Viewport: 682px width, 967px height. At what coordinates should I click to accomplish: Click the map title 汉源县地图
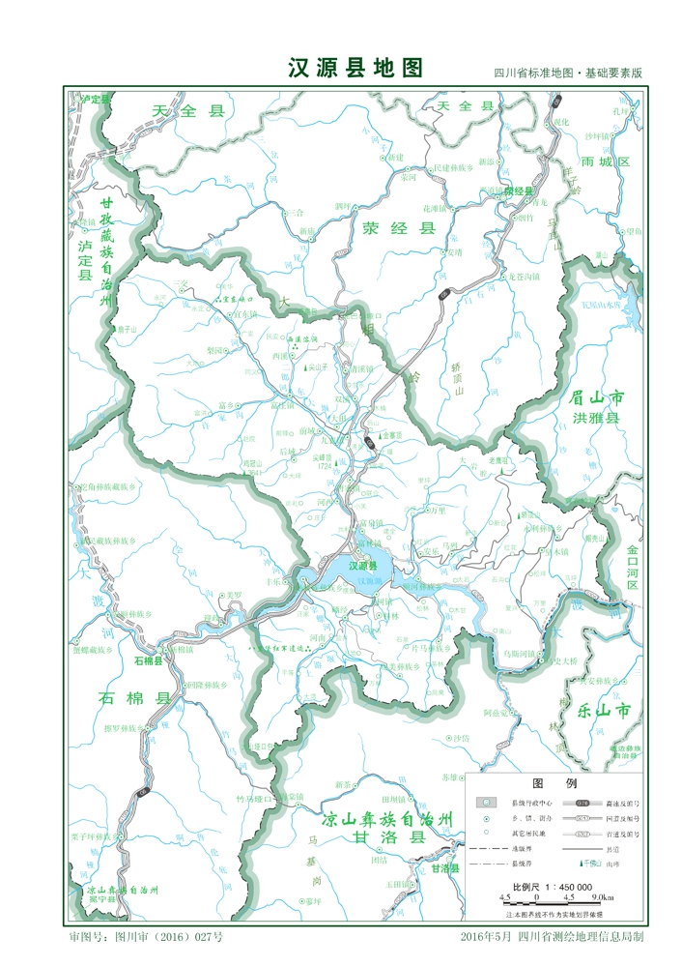coord(355,68)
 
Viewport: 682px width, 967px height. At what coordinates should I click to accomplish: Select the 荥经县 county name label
coord(399,228)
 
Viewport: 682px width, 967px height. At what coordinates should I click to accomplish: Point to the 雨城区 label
coord(606,161)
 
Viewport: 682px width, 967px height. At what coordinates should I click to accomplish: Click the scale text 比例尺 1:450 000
coord(552,887)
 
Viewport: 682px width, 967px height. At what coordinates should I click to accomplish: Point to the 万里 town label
coord(438,510)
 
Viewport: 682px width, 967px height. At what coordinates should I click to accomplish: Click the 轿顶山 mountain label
coord(459,379)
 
